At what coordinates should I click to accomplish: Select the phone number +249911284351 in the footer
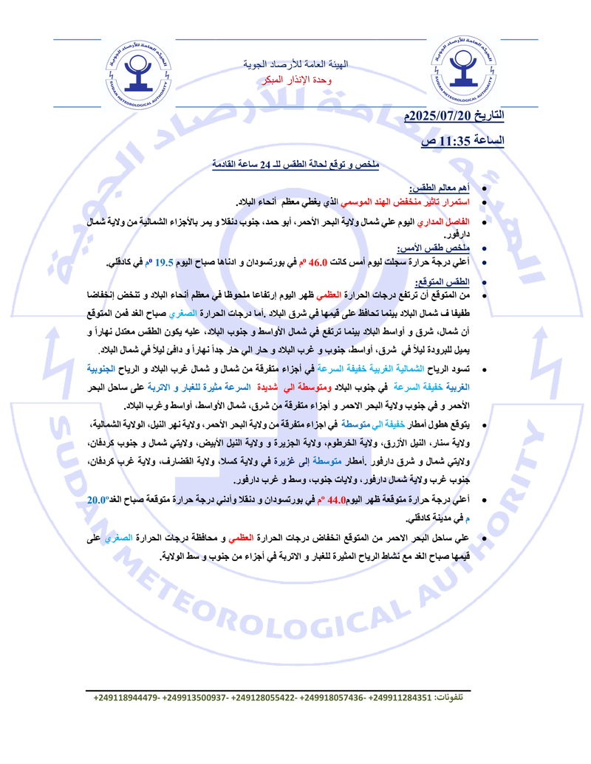(400, 697)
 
